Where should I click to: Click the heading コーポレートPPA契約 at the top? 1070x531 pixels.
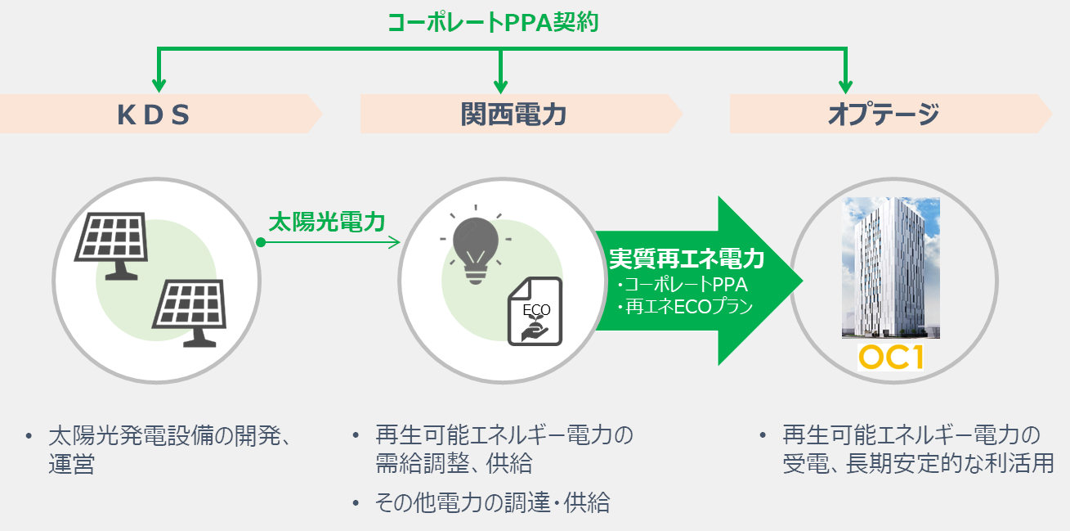pos(493,22)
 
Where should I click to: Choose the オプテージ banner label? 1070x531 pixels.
pos(883,115)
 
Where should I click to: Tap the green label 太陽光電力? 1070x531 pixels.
pos(327,222)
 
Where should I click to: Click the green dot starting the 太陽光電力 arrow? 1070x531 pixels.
pos(261,242)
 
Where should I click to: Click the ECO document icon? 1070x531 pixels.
pos(535,311)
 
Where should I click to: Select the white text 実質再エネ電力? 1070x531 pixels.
pos(687,259)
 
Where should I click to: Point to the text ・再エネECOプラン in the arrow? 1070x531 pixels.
pos(685,307)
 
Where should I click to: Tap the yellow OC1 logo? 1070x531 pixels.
pos(891,358)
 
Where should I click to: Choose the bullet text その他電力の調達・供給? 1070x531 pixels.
pos(492,502)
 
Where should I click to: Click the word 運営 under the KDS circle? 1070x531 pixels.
pos(71,464)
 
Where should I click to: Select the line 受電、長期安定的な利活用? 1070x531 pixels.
pos(917,464)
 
